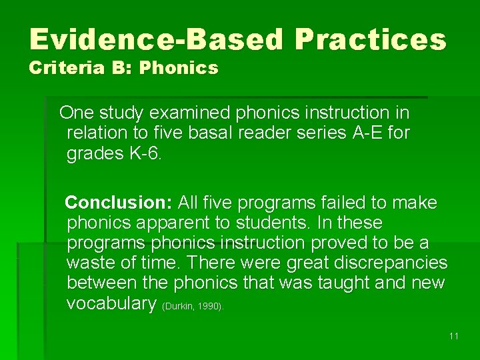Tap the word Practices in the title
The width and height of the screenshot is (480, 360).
pos(371,40)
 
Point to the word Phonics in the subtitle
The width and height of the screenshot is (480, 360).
pos(179,68)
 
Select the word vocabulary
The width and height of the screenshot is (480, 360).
pos(111,303)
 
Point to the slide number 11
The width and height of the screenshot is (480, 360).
pos(453,336)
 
